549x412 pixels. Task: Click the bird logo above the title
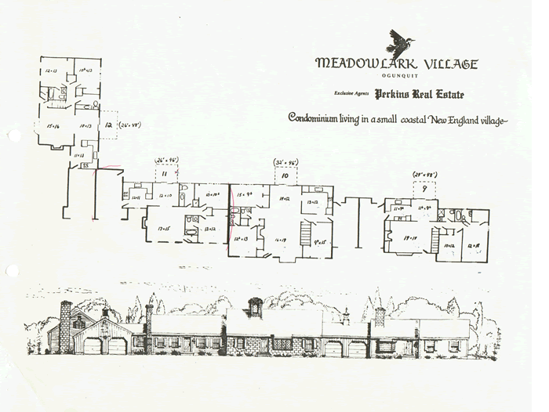point(403,41)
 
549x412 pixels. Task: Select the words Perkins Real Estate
point(419,95)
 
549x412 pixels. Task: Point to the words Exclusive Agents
point(352,95)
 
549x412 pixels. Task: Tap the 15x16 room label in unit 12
point(54,124)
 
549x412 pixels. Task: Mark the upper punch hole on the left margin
point(11,135)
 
